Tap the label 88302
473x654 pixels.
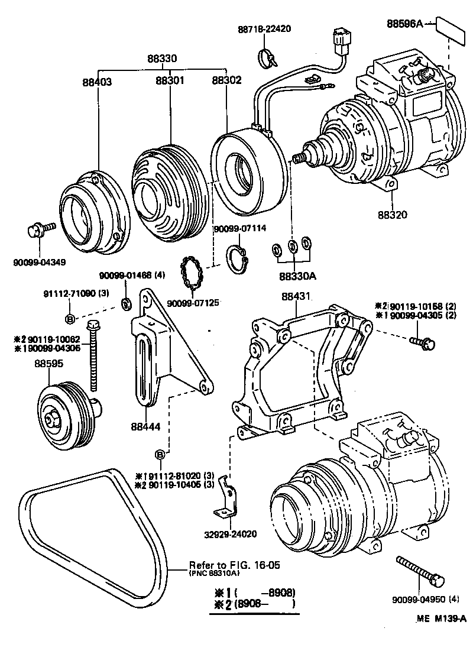click(x=226, y=80)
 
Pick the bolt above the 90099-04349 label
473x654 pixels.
click(x=40, y=228)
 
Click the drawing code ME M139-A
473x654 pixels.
click(x=440, y=619)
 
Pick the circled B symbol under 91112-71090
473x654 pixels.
click(x=69, y=320)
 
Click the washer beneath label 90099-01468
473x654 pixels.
click(x=125, y=304)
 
